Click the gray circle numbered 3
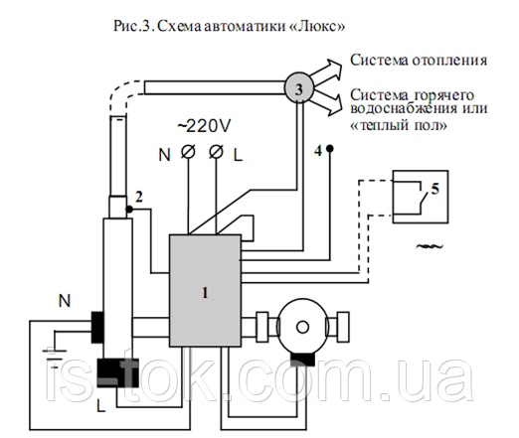coord(298,88)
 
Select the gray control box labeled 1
coord(205,291)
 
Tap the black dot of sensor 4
coord(329,149)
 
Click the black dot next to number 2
coord(129,210)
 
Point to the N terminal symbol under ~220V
coord(188,152)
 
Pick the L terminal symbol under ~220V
coord(217,152)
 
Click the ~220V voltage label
coord(204,126)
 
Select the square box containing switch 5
coord(421,197)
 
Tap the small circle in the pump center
coord(302,328)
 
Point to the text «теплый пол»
coord(399,125)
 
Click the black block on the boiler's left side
coord(97,327)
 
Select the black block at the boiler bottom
coord(117,372)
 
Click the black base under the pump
coord(302,359)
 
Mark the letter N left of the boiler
coord(65,301)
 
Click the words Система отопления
coord(419,61)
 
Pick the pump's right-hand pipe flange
coord(342,327)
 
